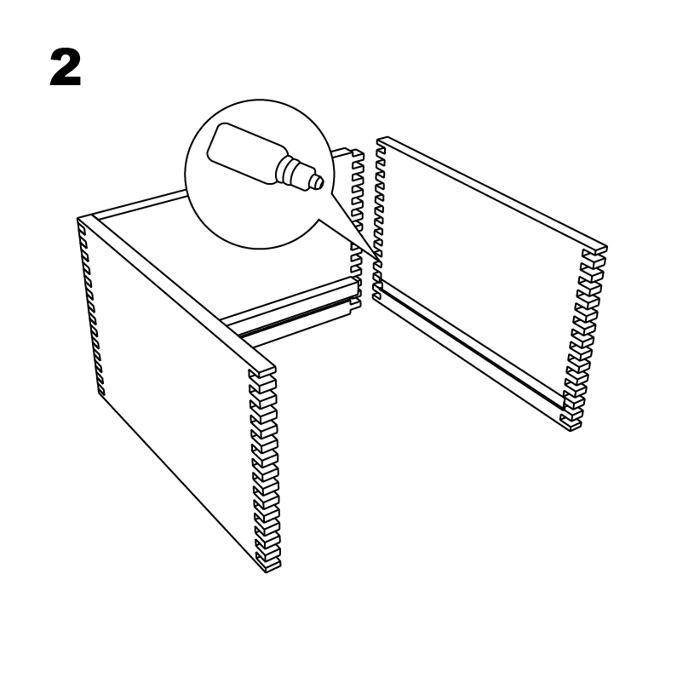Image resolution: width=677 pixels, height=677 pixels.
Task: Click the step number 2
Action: (66, 67)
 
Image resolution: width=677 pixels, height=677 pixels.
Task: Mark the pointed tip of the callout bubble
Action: (382, 265)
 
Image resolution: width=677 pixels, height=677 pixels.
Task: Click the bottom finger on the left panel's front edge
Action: (268, 565)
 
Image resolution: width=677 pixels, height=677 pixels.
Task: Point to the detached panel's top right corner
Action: (606, 248)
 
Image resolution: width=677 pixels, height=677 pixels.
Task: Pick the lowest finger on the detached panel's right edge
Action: (571, 423)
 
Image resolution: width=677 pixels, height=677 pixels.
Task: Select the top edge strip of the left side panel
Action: (181, 294)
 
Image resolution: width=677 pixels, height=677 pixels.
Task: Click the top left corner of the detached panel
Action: (379, 140)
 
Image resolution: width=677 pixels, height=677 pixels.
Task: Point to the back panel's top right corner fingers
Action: (357, 156)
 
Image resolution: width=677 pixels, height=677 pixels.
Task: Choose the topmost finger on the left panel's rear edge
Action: (82, 225)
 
